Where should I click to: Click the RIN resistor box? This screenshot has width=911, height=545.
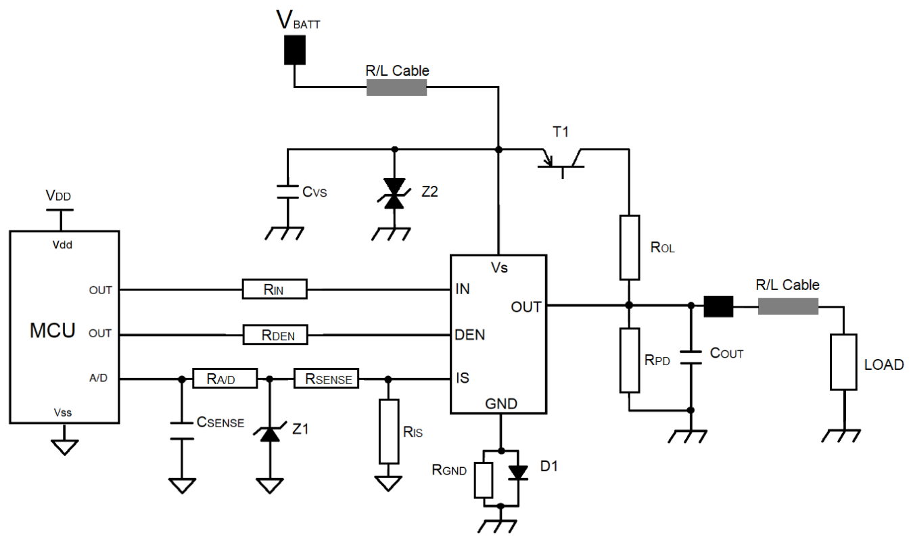tap(275, 289)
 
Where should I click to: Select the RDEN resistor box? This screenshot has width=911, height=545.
tap(275, 335)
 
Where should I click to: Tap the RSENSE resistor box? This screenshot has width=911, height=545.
tap(326, 379)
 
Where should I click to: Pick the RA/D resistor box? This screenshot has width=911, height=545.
tap(225, 379)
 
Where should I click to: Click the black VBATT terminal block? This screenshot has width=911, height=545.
tap(295, 49)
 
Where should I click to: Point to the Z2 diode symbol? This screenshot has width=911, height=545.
tap(394, 193)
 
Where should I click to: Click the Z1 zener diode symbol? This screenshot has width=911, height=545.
tap(270, 433)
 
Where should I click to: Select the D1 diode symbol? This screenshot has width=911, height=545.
tap(518, 473)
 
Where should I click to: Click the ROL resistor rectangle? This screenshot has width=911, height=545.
tap(630, 247)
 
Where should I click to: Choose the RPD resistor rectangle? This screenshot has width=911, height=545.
tap(630, 360)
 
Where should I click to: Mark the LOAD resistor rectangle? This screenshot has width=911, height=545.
tap(843, 362)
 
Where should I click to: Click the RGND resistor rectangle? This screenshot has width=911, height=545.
tap(484, 480)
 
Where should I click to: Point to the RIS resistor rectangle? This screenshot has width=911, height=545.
tap(389, 431)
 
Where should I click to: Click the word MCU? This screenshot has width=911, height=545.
tap(53, 330)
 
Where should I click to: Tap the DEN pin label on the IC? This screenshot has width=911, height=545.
tap(470, 335)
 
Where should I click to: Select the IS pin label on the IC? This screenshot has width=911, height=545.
tap(463, 378)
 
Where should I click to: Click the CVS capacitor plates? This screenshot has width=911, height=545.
tap(287, 192)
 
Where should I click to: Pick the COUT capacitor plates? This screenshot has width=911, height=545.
tap(691, 357)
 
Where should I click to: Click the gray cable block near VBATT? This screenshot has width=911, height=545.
tap(396, 87)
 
